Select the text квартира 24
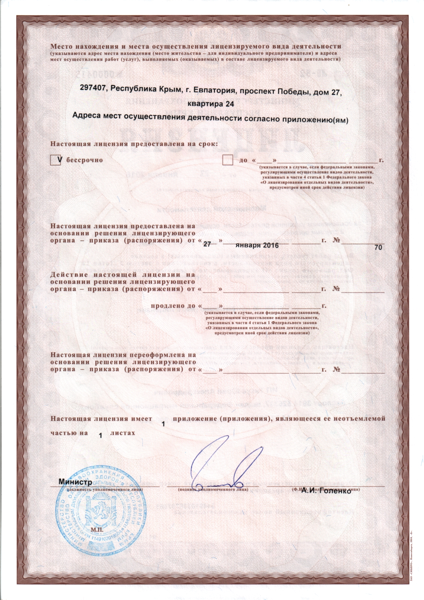tap(211, 104)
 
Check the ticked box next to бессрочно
tap(55, 160)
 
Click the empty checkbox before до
tap(227, 160)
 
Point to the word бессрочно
tap(84, 160)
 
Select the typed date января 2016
tap(257, 245)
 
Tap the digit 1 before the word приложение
tap(163, 424)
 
